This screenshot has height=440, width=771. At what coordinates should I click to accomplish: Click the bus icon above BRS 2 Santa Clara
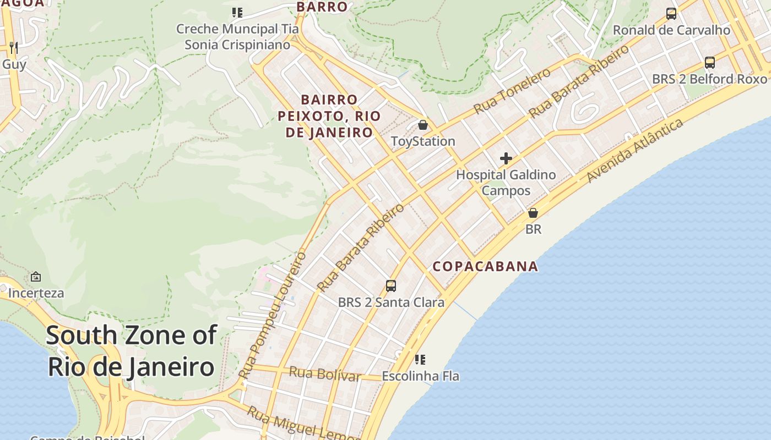pos(391,286)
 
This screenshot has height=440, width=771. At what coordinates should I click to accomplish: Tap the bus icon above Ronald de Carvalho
pos(671,14)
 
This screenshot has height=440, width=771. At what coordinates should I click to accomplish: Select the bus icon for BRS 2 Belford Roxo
pos(710,63)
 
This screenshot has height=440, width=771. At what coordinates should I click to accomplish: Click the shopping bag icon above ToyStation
pos(423,125)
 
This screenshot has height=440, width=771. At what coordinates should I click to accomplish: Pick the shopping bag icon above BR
pos(533,213)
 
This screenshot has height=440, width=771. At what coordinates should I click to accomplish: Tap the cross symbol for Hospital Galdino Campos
pos(506,159)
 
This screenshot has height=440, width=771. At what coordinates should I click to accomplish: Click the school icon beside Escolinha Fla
pos(420,360)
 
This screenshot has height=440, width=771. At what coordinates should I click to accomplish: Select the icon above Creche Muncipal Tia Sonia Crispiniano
pos(237,12)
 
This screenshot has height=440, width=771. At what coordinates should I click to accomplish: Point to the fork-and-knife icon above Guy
pos(14,48)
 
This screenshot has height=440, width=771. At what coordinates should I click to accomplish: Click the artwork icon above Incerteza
pos(36,277)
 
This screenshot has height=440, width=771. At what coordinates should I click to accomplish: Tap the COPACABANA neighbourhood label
pos(485,266)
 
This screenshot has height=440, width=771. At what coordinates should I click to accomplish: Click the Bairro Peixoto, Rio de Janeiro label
pos(329,116)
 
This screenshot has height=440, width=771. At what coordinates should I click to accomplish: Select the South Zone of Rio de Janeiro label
pos(131,351)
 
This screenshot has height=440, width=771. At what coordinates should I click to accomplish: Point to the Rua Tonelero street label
pos(512,91)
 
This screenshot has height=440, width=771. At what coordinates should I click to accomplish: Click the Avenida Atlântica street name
pos(634,150)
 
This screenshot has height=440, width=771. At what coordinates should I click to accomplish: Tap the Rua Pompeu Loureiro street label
pos(272,316)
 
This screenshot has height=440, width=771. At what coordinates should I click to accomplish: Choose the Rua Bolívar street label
pos(325,374)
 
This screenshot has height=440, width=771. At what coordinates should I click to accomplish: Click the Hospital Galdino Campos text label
pos(506,183)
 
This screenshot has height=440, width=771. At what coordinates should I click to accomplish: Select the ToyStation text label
pos(423,141)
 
